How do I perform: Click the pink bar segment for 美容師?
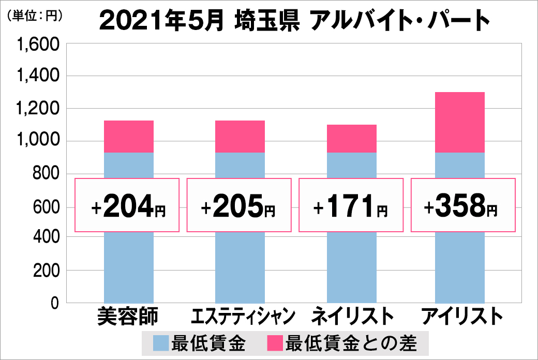(129, 137)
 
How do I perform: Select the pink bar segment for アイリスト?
(460, 123)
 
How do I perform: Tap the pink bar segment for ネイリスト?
(352, 139)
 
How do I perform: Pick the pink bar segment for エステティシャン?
(240, 137)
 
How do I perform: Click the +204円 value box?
(128, 205)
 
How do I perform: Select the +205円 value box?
(239, 205)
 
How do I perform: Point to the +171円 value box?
(351, 205)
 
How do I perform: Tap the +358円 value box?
(462, 205)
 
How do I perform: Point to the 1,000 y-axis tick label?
(39, 141)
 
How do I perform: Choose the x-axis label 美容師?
(128, 316)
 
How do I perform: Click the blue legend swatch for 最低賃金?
(161, 343)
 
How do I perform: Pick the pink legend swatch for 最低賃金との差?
(274, 343)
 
